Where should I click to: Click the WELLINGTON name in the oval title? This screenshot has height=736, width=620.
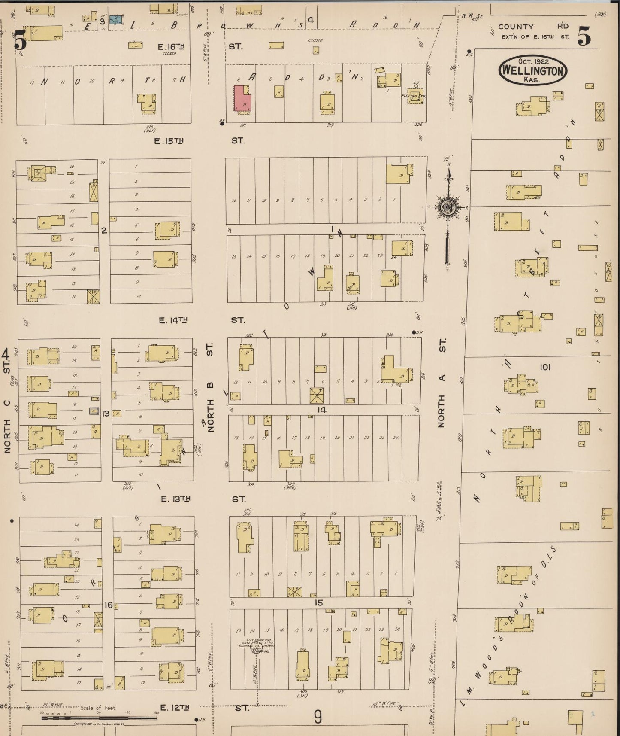click(533, 70)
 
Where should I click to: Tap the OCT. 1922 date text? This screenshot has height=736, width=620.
click(533, 62)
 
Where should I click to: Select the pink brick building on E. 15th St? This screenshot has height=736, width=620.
click(242, 99)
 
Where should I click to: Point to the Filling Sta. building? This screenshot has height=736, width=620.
click(414, 95)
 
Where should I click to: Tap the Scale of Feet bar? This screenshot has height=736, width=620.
click(99, 717)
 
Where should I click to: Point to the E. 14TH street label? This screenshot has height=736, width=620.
click(173, 320)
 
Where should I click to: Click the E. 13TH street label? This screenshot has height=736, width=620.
click(175, 499)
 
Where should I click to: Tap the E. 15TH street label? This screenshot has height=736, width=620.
click(169, 141)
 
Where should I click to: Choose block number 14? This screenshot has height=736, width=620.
click(322, 410)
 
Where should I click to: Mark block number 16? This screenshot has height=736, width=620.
click(109, 605)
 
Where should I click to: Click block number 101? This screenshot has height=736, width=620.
click(545, 367)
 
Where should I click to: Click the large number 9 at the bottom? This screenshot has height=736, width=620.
click(318, 717)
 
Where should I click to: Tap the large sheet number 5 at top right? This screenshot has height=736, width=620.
click(584, 36)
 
